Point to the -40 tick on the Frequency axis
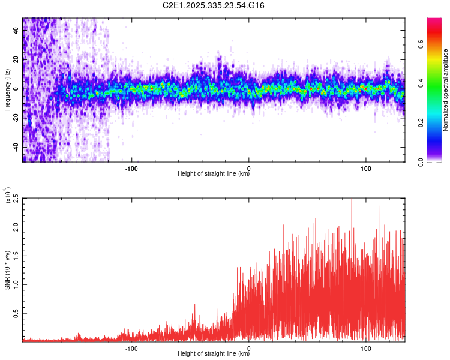coord(15,147)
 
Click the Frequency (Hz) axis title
coord(7,89)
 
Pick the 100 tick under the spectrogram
coord(366,167)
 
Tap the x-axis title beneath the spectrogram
coord(214,174)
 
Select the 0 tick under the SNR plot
coord(248,348)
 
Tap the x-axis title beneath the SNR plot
coord(214,354)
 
